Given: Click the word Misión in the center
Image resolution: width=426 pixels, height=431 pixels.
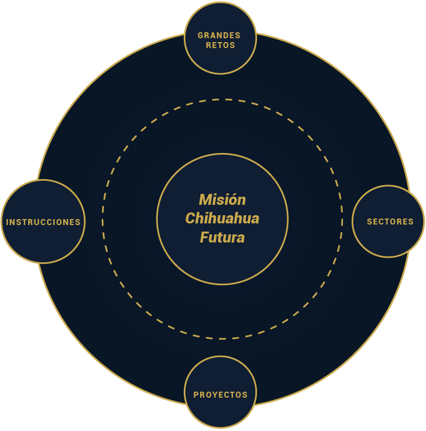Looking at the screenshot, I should click(x=222, y=199).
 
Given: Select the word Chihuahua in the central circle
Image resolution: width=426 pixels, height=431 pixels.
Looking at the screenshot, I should click(x=222, y=219).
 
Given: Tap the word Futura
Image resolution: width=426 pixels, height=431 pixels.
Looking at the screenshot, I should click(x=222, y=238).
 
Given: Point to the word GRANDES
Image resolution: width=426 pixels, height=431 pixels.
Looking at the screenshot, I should click(x=219, y=36).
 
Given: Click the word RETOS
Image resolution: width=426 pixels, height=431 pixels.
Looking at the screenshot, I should click(x=220, y=45).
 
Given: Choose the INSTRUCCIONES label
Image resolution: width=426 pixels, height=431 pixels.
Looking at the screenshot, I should click(x=43, y=222).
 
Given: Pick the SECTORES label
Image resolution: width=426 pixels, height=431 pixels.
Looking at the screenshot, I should click(x=390, y=222).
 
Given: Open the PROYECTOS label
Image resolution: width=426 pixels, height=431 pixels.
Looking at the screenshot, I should click(x=220, y=394).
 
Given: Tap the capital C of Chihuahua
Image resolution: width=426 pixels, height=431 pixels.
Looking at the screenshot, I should click(x=191, y=219).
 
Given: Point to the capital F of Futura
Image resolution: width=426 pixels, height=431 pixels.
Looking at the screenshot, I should click(x=203, y=238).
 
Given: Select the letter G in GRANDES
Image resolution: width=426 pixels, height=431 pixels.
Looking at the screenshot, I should click(x=201, y=36).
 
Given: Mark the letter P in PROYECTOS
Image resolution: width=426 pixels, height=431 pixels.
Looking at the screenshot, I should click(x=196, y=394).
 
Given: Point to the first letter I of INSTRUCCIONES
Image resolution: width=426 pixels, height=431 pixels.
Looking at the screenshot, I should click(x=8, y=222).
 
